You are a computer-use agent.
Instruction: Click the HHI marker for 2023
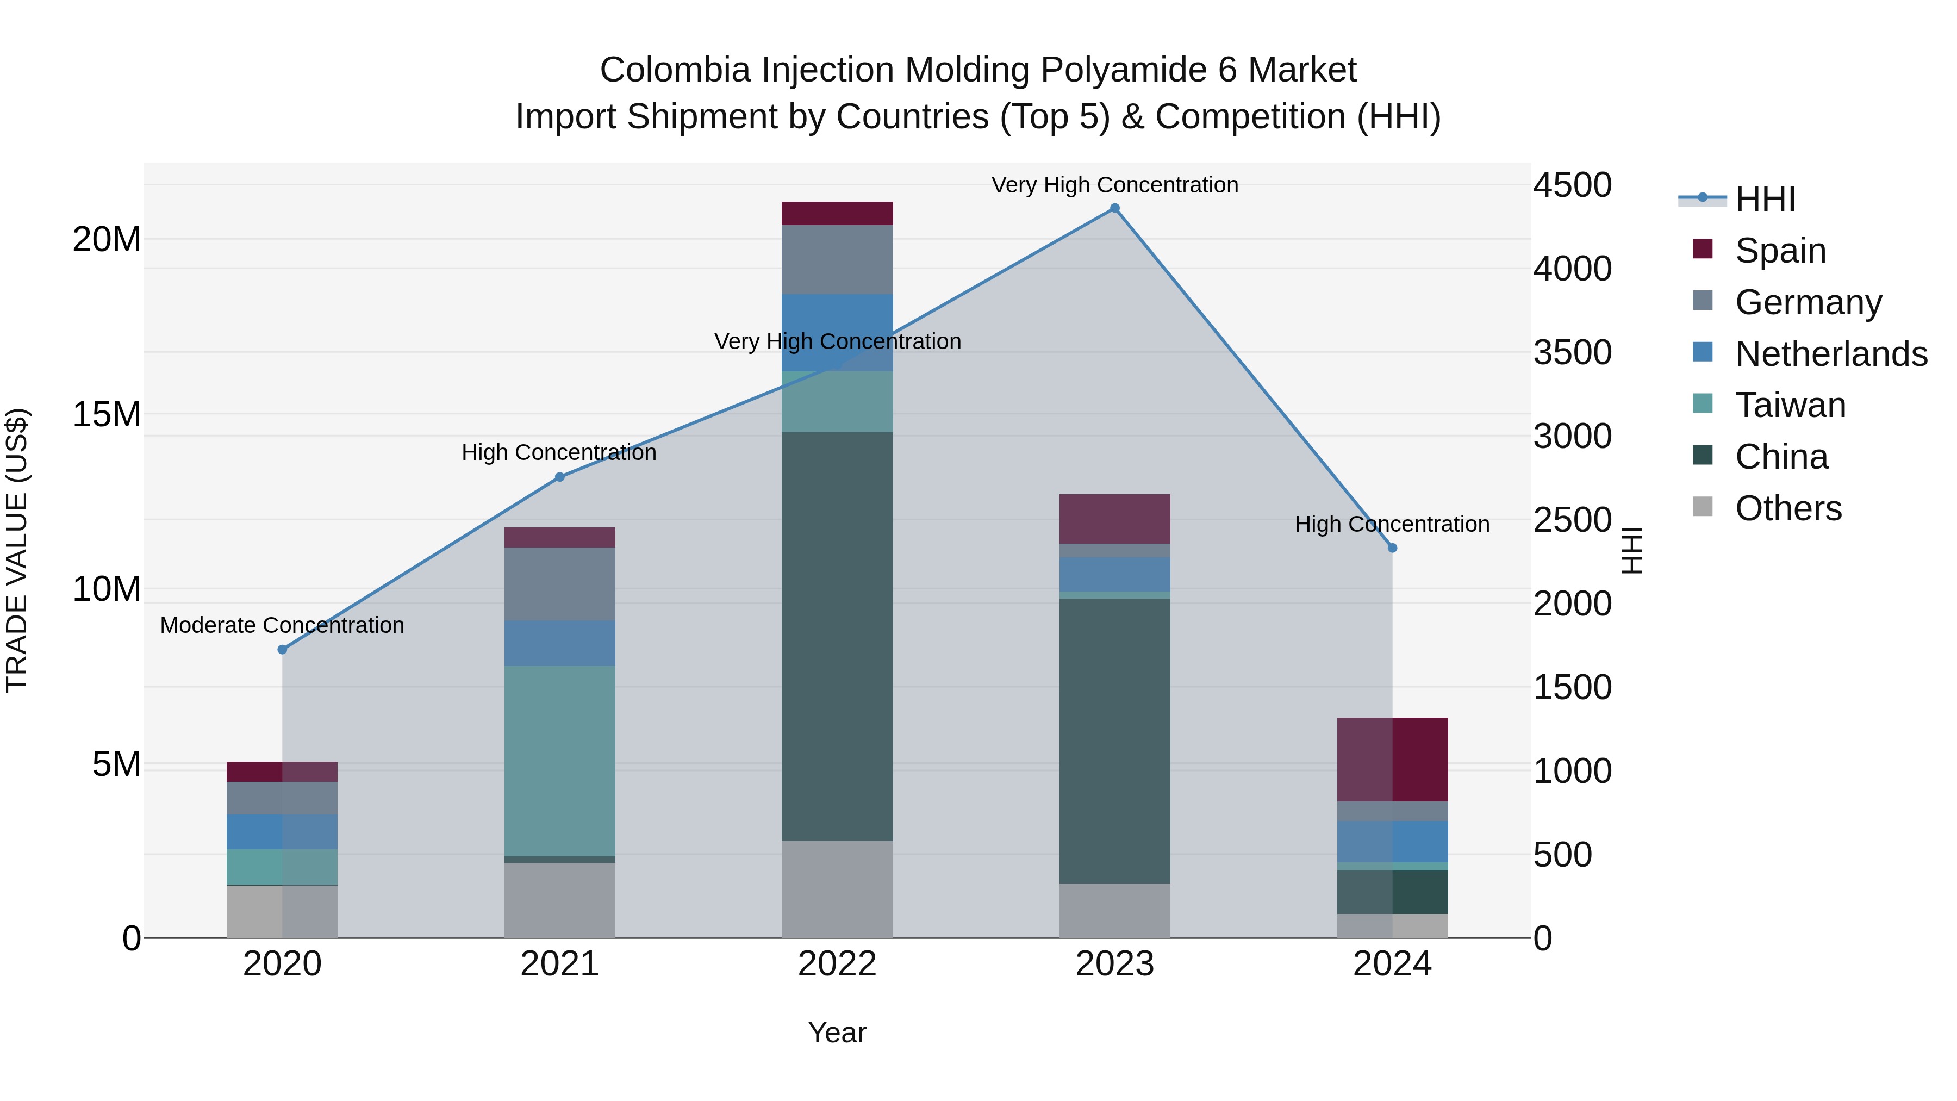1114,208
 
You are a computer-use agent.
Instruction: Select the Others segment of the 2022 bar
837,889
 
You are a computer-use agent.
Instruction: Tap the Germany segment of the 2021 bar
560,583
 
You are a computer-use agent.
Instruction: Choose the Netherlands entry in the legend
1831,354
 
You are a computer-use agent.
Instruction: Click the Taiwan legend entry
1790,405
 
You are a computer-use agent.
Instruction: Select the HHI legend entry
1765,199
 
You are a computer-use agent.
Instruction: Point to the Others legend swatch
1703,507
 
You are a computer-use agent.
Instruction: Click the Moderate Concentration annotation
282,625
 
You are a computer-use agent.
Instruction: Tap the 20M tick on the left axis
107,240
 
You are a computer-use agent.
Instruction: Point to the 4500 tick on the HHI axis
1572,185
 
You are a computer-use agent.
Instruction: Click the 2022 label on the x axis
837,964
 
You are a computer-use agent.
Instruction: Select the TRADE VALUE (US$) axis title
17,550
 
